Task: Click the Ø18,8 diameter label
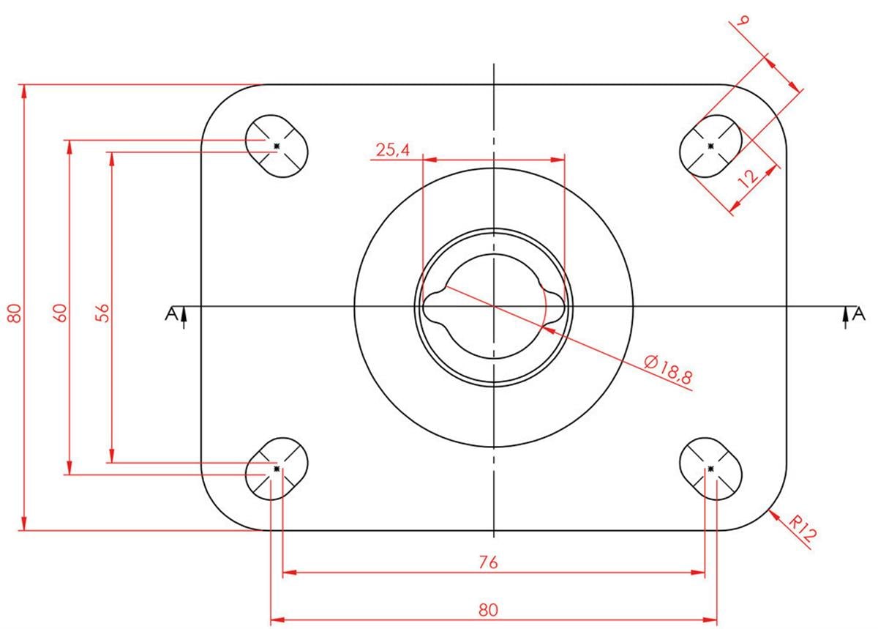[x=668, y=369]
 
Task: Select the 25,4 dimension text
[x=393, y=150]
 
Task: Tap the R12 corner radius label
[x=803, y=530]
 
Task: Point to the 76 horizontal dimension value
[x=488, y=562]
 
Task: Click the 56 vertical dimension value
[x=102, y=313]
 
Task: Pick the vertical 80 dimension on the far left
[x=15, y=313]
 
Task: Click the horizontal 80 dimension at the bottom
[x=488, y=610]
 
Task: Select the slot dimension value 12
[x=748, y=177]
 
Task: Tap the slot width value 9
[x=743, y=21]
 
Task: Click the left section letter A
[x=171, y=313]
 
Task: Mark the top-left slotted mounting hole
[x=277, y=146]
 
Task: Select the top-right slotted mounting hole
[x=710, y=146]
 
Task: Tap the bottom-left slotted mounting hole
[x=277, y=469]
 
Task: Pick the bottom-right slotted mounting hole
[x=710, y=469]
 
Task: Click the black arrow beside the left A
[x=184, y=318]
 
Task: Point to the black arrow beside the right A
[x=846, y=318]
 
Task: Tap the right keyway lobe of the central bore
[x=553, y=307]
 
